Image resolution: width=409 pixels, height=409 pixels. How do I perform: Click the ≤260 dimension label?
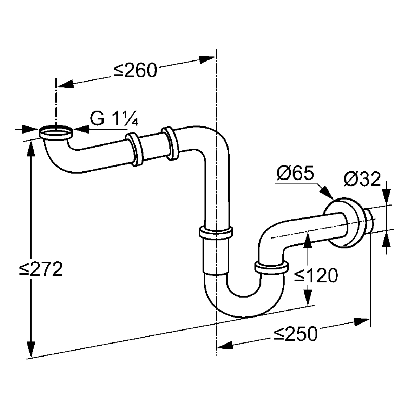[x=135, y=70]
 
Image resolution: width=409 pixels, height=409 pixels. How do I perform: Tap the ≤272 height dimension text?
[x=41, y=269]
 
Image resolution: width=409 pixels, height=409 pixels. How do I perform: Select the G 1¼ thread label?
[x=114, y=119]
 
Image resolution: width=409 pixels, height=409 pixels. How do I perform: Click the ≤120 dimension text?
[x=316, y=275]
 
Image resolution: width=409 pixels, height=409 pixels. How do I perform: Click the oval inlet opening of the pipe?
[x=56, y=133]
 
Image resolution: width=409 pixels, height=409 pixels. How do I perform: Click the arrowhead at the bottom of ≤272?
[x=31, y=349]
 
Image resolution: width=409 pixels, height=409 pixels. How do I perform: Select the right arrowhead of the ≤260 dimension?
[x=207, y=59]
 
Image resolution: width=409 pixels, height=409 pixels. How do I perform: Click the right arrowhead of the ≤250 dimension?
[x=362, y=321]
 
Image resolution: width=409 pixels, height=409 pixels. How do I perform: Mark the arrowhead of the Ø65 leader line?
[x=327, y=193]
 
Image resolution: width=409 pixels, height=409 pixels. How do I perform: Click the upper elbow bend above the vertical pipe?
[x=214, y=141]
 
